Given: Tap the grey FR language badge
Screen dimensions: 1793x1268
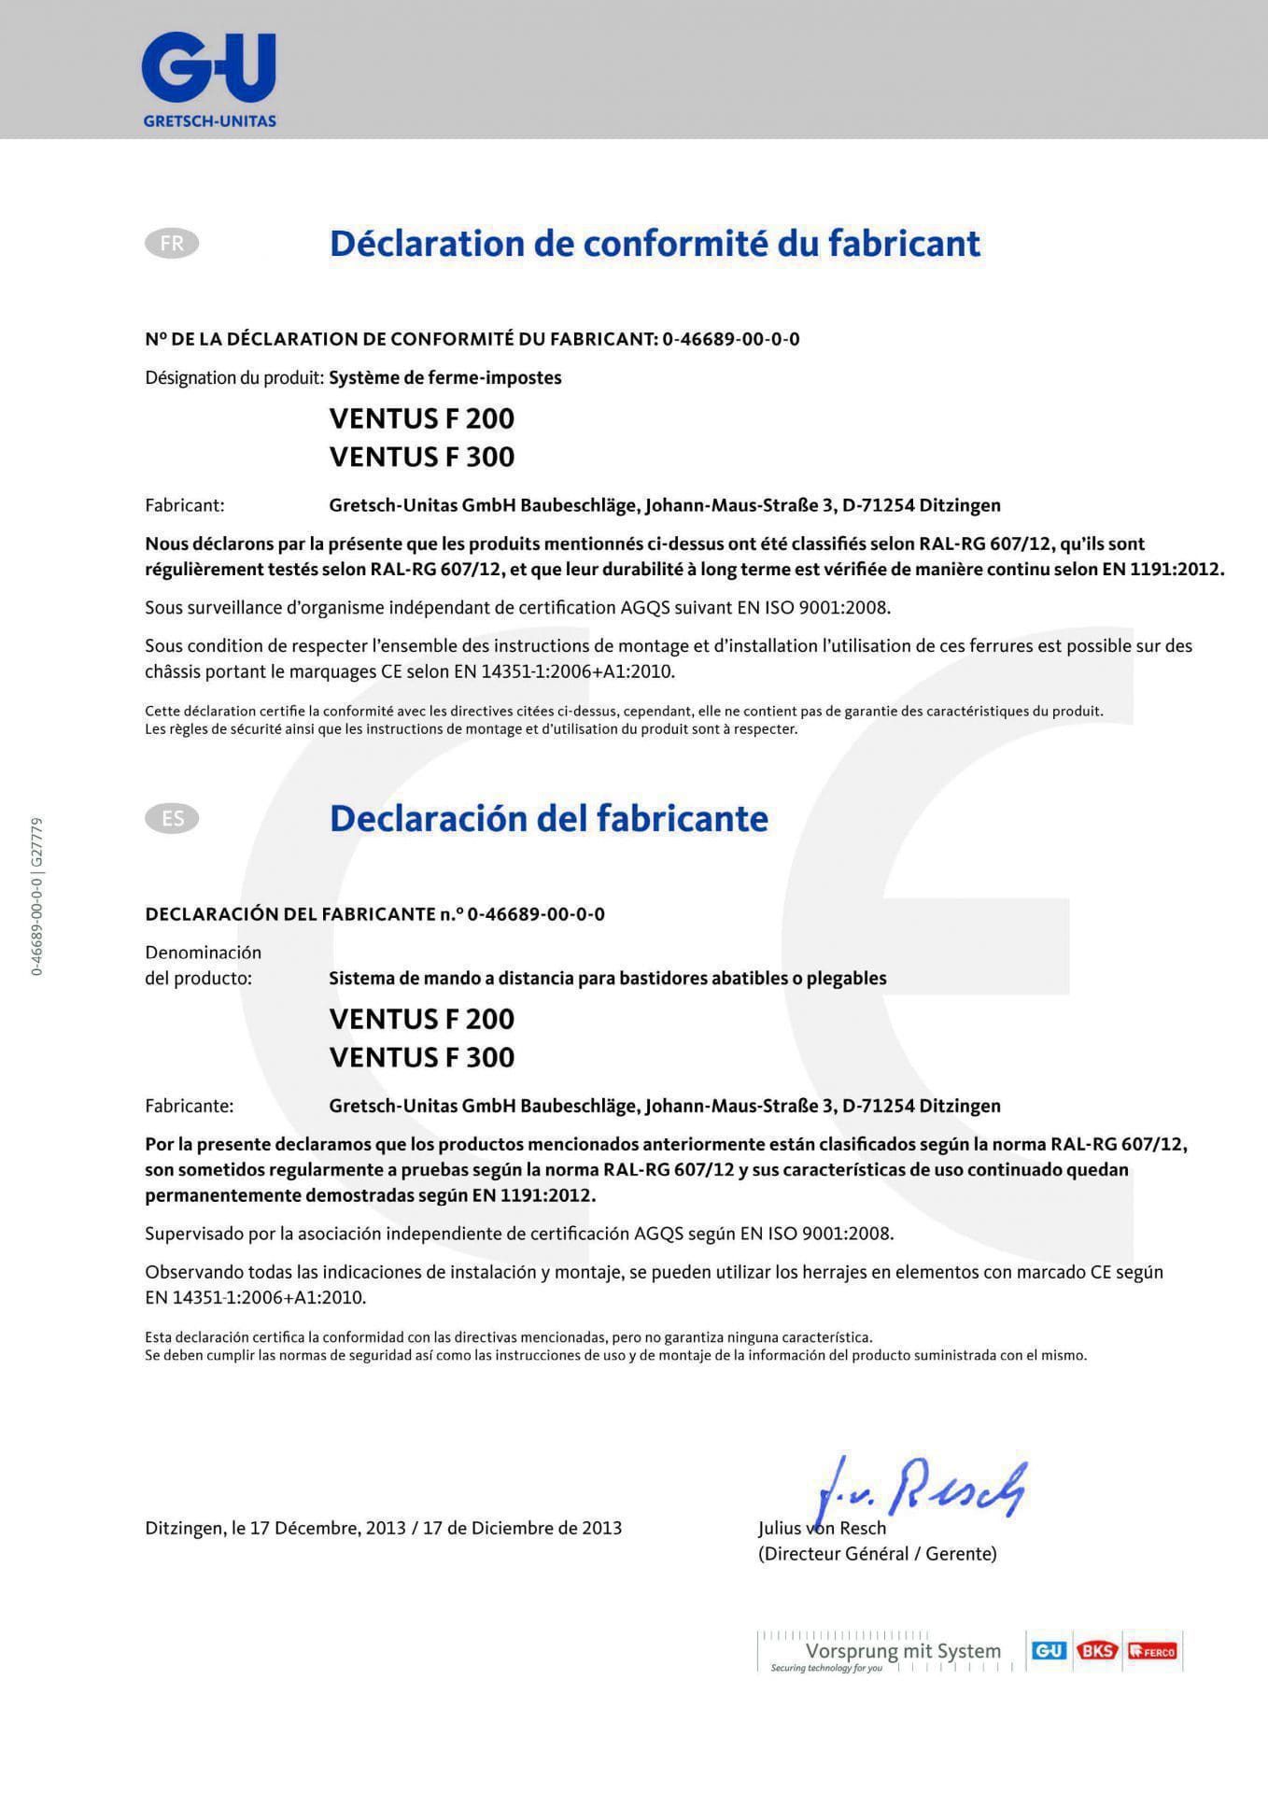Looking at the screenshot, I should point(172,244).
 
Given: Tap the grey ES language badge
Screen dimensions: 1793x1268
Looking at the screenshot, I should point(172,819).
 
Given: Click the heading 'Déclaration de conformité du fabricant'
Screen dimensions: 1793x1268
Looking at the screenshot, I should point(655,244).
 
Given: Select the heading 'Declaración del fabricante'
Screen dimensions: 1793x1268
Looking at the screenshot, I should point(548,819).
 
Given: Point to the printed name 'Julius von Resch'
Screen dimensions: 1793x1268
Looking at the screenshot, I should point(822,1529).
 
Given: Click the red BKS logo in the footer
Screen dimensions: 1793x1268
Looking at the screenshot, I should point(1097,1651).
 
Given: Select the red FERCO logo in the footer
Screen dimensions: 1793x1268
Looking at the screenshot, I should point(1152,1651).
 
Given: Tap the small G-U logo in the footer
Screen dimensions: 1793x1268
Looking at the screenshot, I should point(1048,1651).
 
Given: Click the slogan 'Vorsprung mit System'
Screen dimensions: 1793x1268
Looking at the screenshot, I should point(903,1651).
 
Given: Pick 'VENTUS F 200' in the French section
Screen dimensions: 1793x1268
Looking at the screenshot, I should point(422,418).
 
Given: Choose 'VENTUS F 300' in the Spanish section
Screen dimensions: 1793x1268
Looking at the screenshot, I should point(422,1057).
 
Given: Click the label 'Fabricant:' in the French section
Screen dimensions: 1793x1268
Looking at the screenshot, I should point(185,505).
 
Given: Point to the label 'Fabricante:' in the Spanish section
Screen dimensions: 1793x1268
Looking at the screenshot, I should point(190,1106).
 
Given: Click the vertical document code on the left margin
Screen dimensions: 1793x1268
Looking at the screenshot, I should point(36,896).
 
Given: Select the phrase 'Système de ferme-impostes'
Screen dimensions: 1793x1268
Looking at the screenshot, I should point(445,378).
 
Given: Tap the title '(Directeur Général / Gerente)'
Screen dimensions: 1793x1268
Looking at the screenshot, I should point(877,1554).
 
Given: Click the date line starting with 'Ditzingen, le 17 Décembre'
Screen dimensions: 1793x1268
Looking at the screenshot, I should point(383,1529).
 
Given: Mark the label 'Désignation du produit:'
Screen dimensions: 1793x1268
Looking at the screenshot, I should point(234,378).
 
